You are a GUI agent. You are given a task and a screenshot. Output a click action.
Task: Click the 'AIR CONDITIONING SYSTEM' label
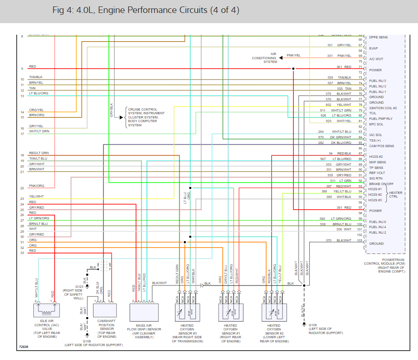click(x=264, y=58)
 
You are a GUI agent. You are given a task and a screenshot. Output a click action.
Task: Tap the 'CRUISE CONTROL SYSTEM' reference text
click(x=143, y=117)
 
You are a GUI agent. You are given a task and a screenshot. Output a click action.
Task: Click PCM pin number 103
click(x=360, y=241)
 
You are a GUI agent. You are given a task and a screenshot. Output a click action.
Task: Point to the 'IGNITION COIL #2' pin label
click(x=383, y=108)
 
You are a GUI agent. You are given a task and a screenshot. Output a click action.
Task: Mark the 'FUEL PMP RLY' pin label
click(x=381, y=118)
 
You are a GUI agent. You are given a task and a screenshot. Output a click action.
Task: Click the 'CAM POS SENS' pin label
click(x=381, y=146)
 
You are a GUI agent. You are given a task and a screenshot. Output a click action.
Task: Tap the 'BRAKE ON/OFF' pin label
click(x=381, y=184)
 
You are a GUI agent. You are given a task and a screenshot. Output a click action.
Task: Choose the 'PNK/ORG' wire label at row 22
click(x=37, y=186)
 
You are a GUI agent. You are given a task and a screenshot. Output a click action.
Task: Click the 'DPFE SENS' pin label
click(x=378, y=37)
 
